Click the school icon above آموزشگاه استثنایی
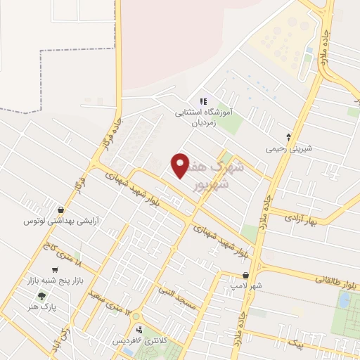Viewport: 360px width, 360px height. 204,101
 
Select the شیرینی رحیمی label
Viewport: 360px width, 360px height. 288,149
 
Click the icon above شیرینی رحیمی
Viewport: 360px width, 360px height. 288,137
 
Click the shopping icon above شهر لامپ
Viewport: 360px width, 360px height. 245,276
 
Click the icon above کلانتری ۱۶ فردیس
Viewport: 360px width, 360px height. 141,328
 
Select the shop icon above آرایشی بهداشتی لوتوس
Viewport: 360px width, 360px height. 61,210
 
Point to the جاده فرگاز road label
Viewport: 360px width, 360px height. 106,138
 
